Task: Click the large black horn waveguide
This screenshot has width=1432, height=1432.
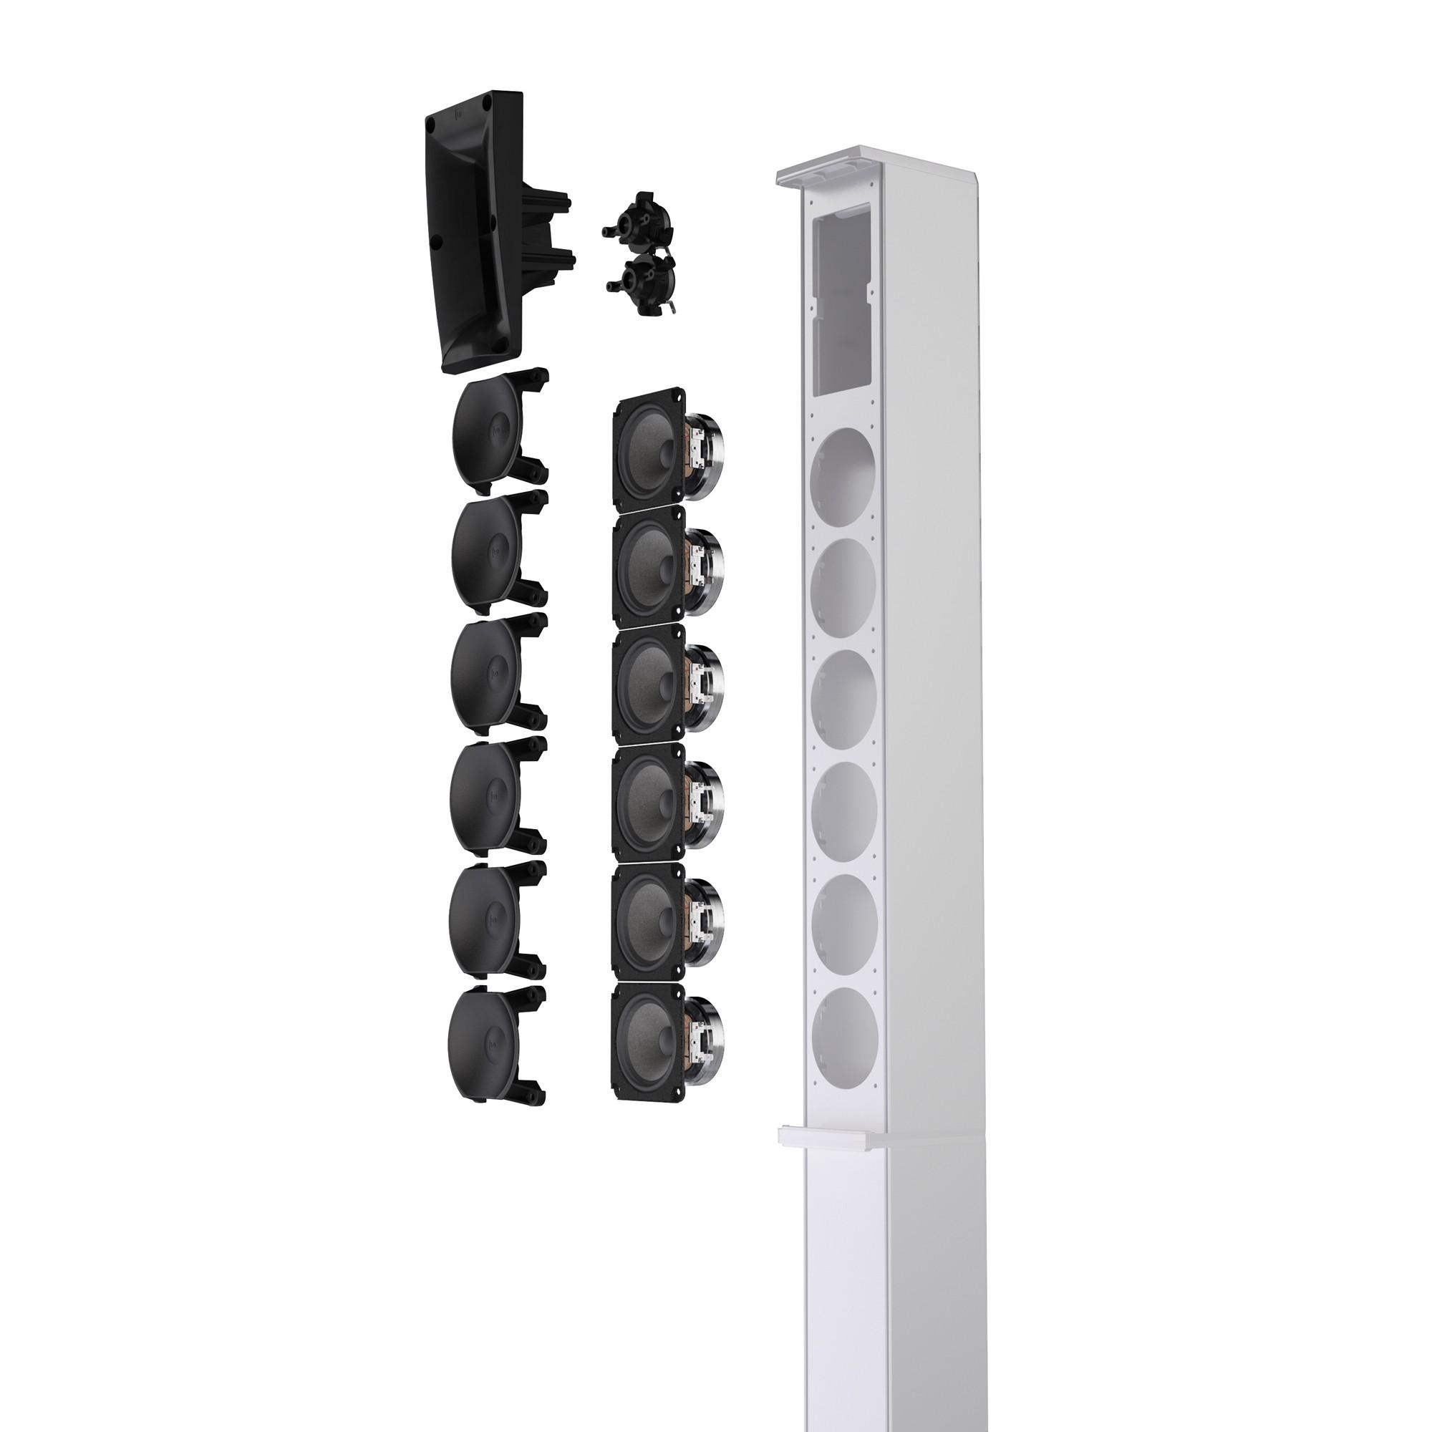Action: pos(475,230)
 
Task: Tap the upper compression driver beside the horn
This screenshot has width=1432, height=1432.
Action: pos(637,222)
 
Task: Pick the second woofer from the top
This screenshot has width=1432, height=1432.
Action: pos(648,565)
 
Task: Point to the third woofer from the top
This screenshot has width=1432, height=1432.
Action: pos(648,683)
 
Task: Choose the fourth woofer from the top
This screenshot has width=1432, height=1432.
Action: pos(648,803)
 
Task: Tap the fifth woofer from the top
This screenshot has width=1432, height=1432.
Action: pos(648,924)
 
